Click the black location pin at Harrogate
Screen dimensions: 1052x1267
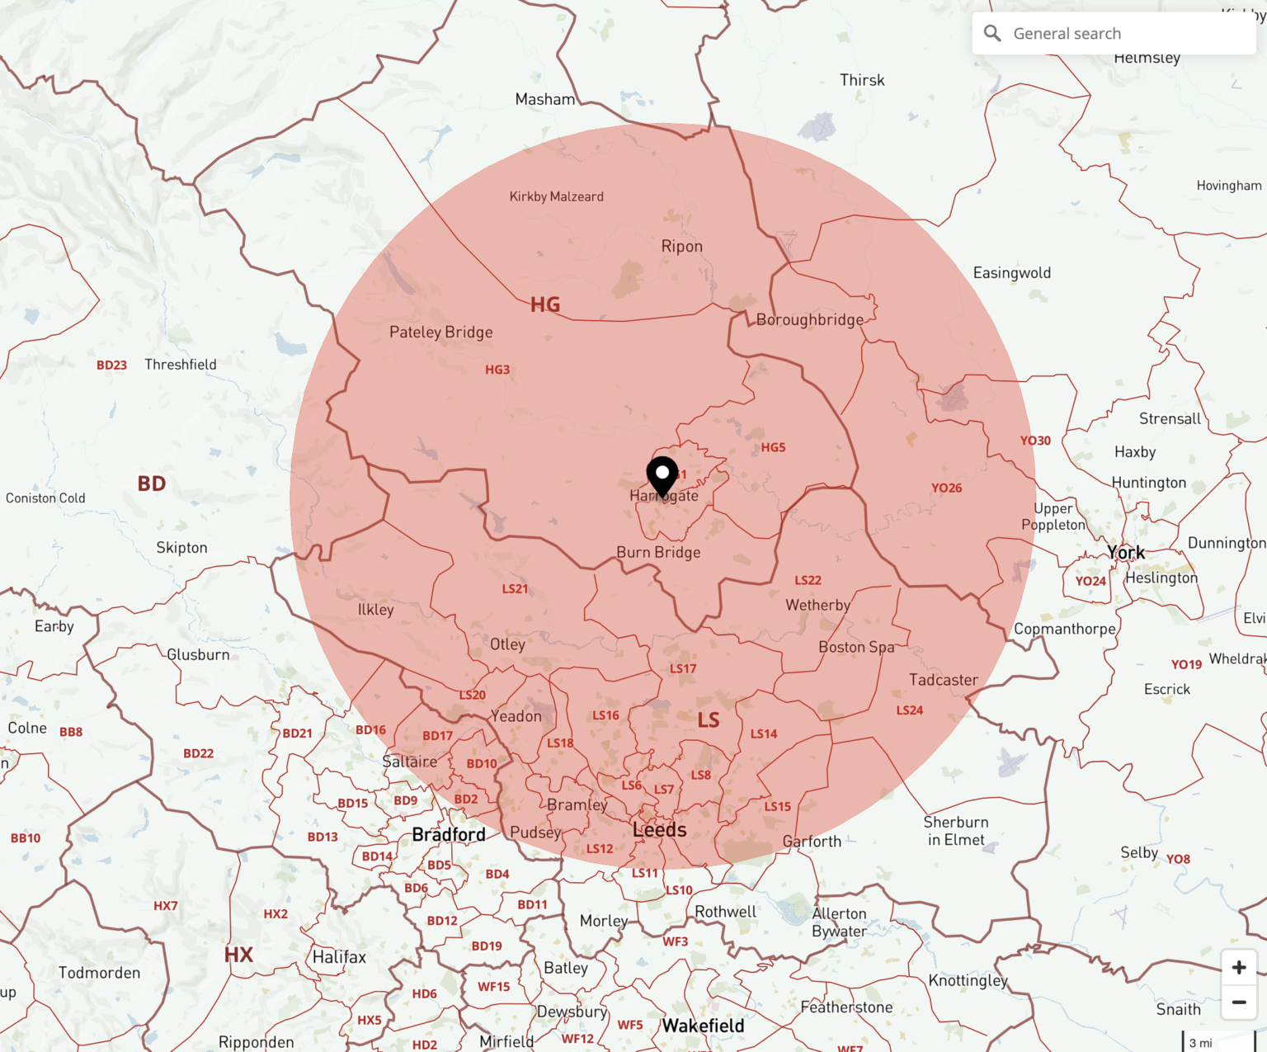662,475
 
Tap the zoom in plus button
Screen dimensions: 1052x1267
1239,967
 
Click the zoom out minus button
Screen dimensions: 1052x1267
1239,1002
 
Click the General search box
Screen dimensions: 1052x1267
1114,34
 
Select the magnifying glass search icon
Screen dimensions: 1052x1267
992,34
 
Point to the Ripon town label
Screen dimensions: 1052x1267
682,246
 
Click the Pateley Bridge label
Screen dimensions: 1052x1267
441,332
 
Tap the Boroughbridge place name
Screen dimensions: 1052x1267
810,319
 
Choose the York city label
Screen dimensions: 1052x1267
1126,552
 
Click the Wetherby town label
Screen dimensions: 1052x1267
817,605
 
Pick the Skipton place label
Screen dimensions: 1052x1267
182,547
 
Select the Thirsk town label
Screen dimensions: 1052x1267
862,80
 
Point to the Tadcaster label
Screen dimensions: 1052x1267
944,680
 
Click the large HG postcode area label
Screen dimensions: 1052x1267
545,304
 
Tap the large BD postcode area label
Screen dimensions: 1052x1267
152,484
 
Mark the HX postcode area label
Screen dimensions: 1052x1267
238,955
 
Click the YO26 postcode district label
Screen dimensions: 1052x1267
947,488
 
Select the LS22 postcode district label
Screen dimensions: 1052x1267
808,580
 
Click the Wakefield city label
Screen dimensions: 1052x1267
703,1026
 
